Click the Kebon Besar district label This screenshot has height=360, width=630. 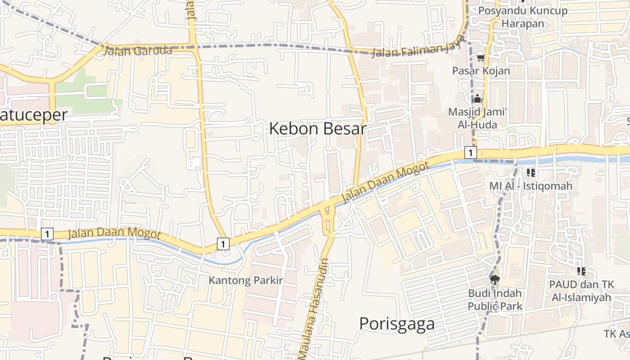pyautogui.click(x=317, y=129)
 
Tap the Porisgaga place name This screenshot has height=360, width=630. pyautogui.click(x=397, y=324)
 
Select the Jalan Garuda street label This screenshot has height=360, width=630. pyautogui.click(x=138, y=51)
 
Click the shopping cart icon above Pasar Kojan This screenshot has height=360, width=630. pyautogui.click(x=481, y=57)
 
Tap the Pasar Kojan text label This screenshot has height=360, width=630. pyautogui.click(x=481, y=71)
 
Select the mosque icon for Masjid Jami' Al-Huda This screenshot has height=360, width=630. pyautogui.click(x=477, y=99)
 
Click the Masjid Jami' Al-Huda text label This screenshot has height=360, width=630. pyautogui.click(x=477, y=118)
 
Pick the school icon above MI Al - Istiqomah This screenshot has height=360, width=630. pyautogui.click(x=531, y=172)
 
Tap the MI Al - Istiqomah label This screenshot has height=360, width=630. pyautogui.click(x=531, y=186)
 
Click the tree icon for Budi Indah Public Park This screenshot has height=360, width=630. pyautogui.click(x=495, y=280)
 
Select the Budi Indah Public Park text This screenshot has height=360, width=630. pyautogui.click(x=495, y=300)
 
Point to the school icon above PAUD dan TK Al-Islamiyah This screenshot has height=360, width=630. pyautogui.click(x=581, y=271)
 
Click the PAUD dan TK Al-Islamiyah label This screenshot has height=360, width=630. pyautogui.click(x=581, y=291)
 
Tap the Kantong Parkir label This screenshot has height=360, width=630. pyautogui.click(x=246, y=280)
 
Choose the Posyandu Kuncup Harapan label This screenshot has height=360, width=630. pyautogui.click(x=522, y=17)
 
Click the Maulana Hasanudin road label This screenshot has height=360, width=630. pyautogui.click(x=315, y=308)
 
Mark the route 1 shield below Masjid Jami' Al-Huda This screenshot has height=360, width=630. pyautogui.click(x=470, y=153)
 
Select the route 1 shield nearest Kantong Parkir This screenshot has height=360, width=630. pyautogui.click(x=223, y=243)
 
